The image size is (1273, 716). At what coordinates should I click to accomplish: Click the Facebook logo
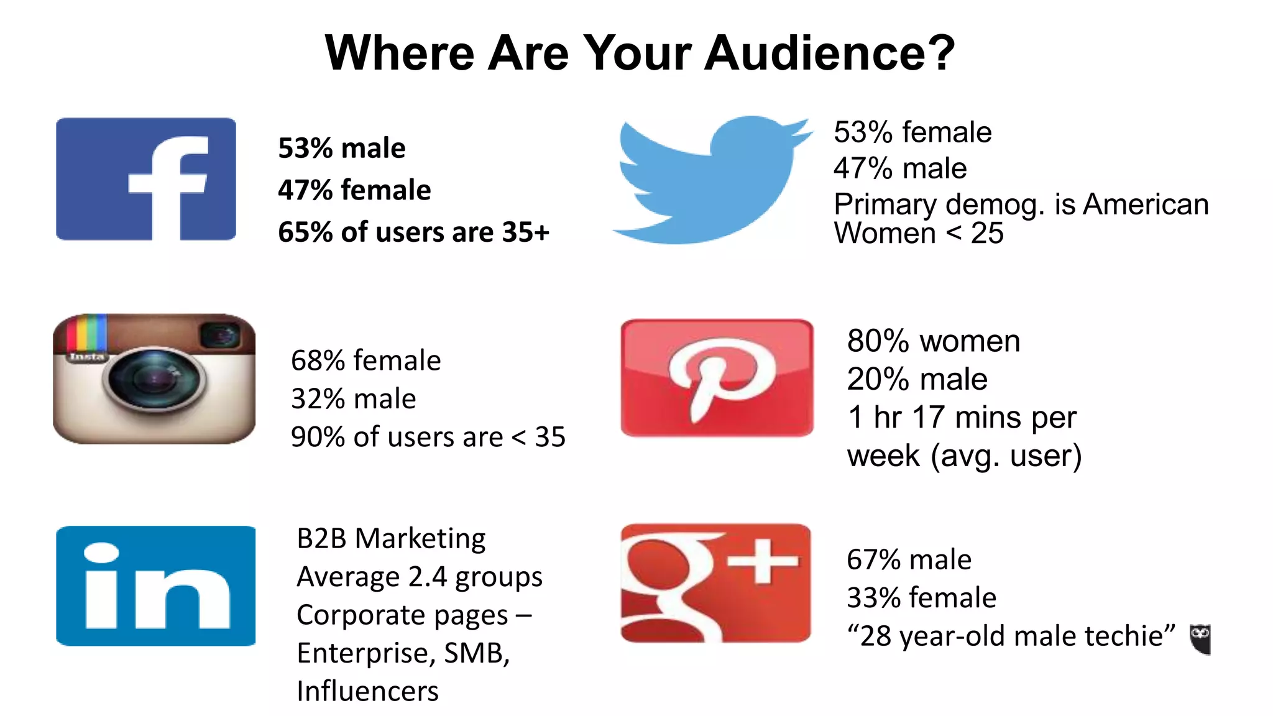pos(146,179)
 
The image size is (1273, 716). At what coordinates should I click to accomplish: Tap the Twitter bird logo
pos(712,180)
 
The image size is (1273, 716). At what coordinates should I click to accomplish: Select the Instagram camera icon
pos(154,379)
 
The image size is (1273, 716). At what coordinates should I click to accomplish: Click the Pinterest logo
pos(717,378)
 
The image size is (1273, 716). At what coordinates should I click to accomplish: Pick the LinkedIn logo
pos(155,586)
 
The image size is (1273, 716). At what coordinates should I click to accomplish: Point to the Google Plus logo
pos(715,583)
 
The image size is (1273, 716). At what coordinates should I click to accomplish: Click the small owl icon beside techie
pos(1200,638)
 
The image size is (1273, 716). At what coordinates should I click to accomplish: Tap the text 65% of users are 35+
pos(414,232)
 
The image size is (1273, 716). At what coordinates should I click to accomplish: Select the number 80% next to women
pos(878,341)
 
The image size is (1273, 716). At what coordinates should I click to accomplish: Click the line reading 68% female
pos(366,360)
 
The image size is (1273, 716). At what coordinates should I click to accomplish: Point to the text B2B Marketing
pos(391,538)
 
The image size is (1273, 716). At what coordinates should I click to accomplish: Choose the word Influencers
pos(367,691)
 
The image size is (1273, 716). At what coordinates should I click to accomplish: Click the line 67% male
pos(909,559)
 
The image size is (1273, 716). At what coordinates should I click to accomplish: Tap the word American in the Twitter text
pos(1146,204)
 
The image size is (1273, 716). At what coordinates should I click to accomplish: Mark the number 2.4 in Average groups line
pos(428,577)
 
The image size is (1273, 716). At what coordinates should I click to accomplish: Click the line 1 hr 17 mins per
pos(962,417)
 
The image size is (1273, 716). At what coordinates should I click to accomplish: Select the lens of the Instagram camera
pos(154,379)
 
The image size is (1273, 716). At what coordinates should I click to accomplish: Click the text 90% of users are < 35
pos(428,437)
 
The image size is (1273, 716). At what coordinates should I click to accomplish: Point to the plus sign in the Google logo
pos(763,561)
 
